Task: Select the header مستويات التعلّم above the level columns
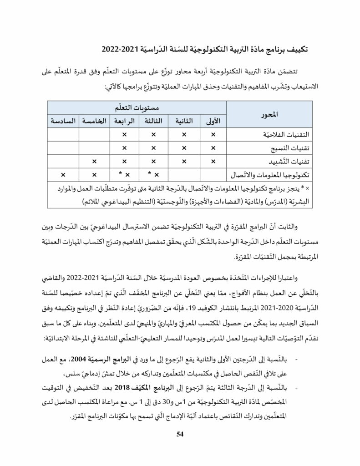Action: [137, 107]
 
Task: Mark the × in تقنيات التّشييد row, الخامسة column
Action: [94, 162]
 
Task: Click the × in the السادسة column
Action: [63, 175]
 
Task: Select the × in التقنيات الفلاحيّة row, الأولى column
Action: [213, 135]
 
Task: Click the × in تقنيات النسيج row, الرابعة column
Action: [124, 148]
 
